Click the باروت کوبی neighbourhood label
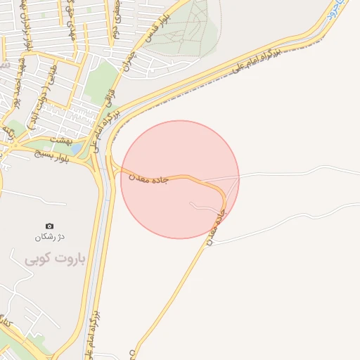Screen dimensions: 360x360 (55, 259)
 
